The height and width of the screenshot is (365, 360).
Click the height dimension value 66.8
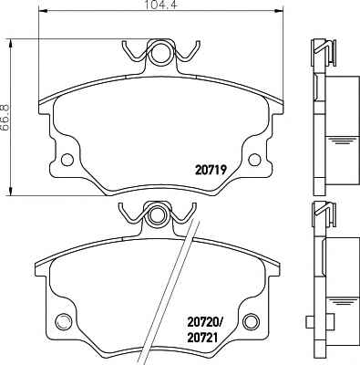point(5,118)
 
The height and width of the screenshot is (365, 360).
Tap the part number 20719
point(211,170)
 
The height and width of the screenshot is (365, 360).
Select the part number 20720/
point(205,321)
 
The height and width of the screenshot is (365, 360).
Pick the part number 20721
point(203,338)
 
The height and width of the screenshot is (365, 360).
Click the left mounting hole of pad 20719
point(67,160)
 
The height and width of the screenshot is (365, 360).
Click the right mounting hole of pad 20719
point(254,160)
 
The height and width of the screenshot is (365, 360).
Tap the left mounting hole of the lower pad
point(64,321)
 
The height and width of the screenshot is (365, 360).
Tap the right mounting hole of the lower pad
point(252,321)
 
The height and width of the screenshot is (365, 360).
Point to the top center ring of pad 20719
point(160,52)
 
